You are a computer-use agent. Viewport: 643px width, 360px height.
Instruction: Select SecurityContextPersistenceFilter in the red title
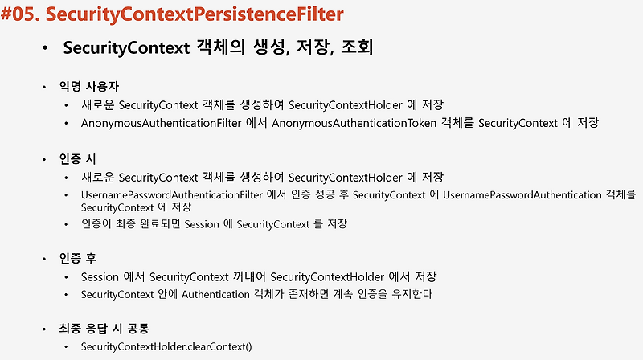[202, 14]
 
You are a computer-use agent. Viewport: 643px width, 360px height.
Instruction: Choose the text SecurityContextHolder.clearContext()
[166, 346]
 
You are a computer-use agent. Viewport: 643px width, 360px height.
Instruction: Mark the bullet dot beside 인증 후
[47, 259]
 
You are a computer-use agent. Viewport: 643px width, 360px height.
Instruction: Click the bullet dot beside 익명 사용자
[47, 86]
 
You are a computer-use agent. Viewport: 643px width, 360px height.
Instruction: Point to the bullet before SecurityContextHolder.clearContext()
[68, 346]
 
